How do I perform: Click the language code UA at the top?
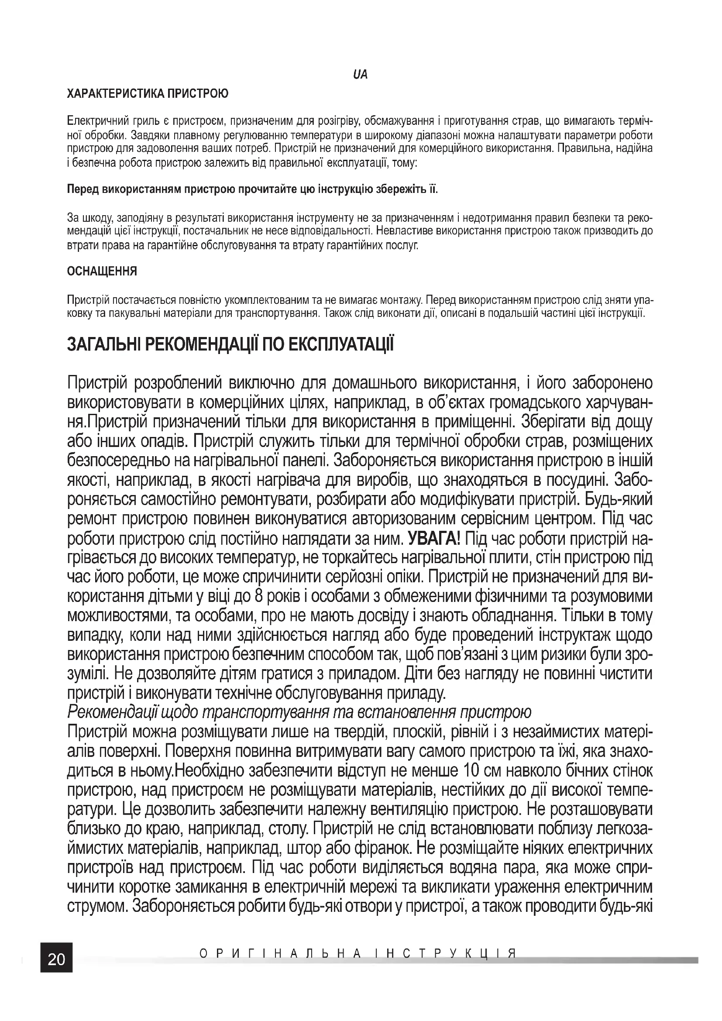coord(361,75)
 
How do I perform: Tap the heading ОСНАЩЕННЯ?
coord(102,271)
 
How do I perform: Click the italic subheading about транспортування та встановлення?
coord(299,713)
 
